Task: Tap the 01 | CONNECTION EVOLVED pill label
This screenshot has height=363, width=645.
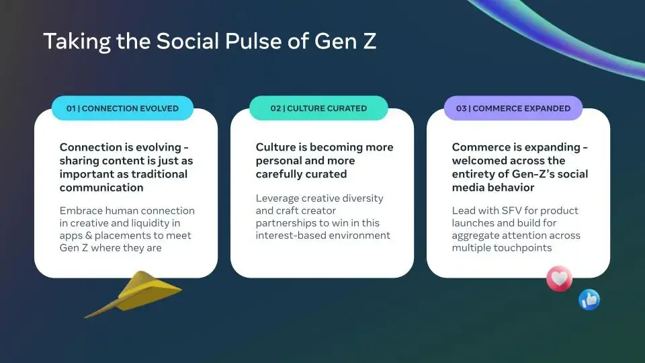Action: point(122,108)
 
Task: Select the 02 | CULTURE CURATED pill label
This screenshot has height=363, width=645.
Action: point(318,108)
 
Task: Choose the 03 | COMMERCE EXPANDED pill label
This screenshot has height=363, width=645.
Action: point(513,108)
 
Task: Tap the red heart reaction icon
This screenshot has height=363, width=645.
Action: point(559,278)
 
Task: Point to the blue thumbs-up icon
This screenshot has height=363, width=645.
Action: point(589,300)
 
